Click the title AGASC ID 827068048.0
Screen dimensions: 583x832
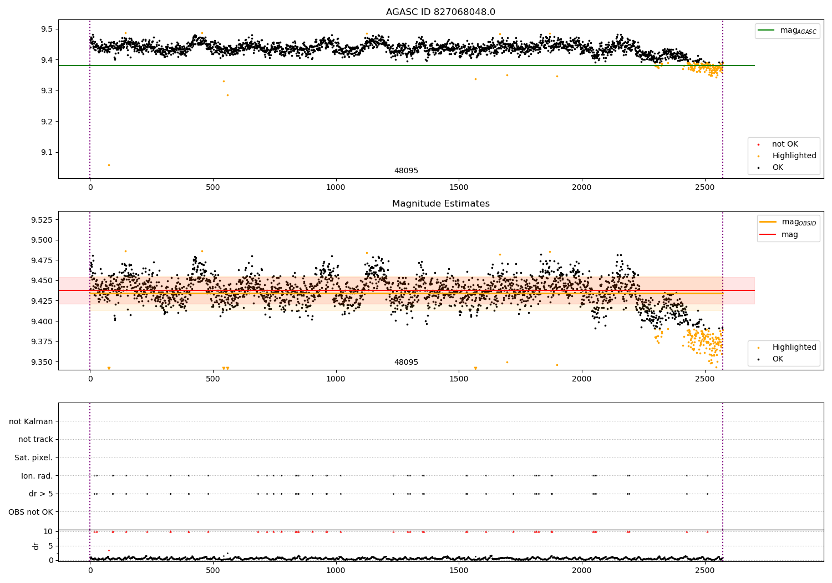[x=440, y=12]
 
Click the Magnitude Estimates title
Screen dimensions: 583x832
[x=440, y=204]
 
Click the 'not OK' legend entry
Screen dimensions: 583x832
[x=784, y=144]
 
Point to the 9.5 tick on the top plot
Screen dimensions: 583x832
[x=47, y=29]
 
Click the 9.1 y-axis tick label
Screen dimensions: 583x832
[x=47, y=152]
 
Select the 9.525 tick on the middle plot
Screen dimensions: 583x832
[x=43, y=220]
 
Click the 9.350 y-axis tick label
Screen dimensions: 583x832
[x=43, y=362]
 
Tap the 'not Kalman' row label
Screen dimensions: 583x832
[x=31, y=421]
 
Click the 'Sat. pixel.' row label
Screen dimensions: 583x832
[x=34, y=458]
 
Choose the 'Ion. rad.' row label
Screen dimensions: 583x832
[x=37, y=476]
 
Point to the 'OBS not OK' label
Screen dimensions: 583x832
[x=31, y=512]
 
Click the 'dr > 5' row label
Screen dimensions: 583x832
[x=41, y=494]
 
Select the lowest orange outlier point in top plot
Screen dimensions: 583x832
[x=109, y=165]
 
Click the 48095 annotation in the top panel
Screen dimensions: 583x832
[x=406, y=171]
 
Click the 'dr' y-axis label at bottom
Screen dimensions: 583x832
[x=36, y=546]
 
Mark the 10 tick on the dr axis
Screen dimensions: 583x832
[x=48, y=531]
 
